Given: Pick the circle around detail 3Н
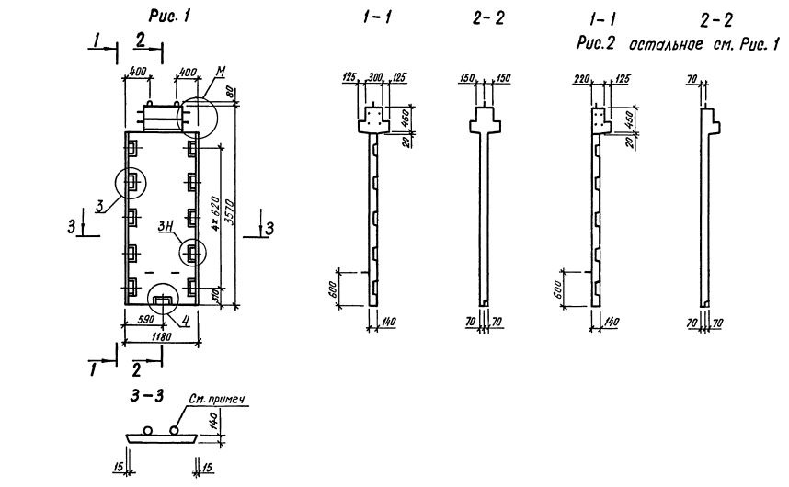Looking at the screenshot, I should [x=192, y=251].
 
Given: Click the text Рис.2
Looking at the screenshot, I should [x=601, y=44].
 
